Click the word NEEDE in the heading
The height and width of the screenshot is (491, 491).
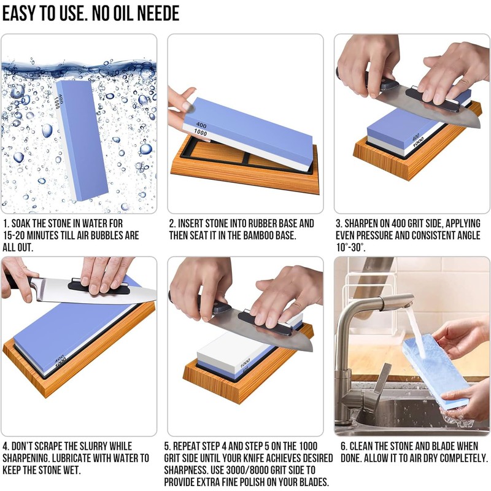[153, 14]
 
